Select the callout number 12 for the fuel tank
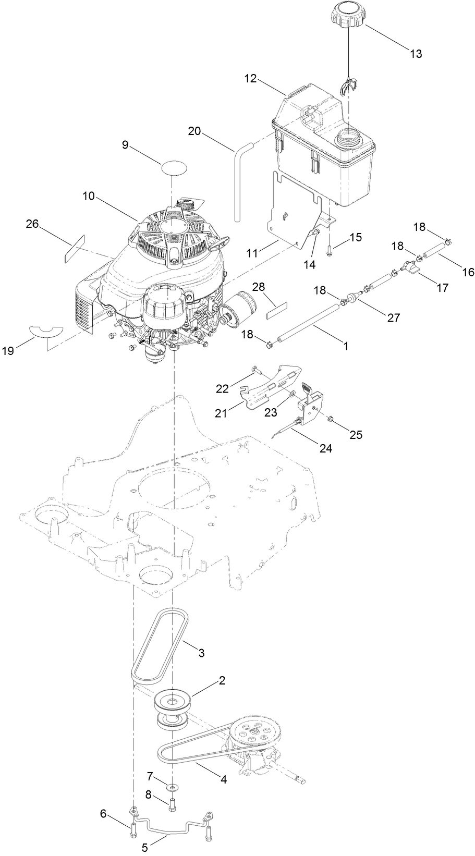[x=251, y=79]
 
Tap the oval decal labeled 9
[x=174, y=169]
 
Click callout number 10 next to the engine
[x=89, y=197]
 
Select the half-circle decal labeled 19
[x=46, y=331]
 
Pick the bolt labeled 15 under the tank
[x=329, y=250]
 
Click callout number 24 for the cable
[x=325, y=447]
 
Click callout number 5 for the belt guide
[x=144, y=848]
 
